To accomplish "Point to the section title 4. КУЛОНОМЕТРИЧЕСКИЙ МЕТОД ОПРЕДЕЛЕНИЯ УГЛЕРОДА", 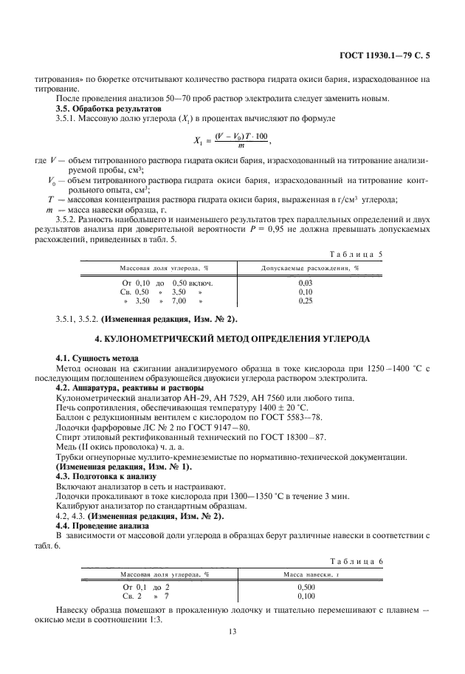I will click(232, 338).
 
